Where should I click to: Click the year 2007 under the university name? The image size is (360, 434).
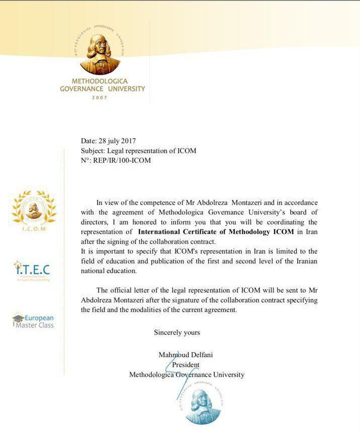click(x=100, y=98)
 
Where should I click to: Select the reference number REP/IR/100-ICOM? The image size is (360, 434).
click(x=122, y=160)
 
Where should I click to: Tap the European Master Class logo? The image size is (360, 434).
click(x=33, y=321)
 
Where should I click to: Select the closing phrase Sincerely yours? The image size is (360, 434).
click(x=176, y=333)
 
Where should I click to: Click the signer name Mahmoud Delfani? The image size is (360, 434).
click(x=186, y=355)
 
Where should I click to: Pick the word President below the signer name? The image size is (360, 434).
click(x=186, y=365)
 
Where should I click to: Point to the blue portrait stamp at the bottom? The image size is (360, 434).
click(x=203, y=405)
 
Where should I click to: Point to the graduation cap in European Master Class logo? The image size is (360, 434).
click(x=18, y=318)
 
